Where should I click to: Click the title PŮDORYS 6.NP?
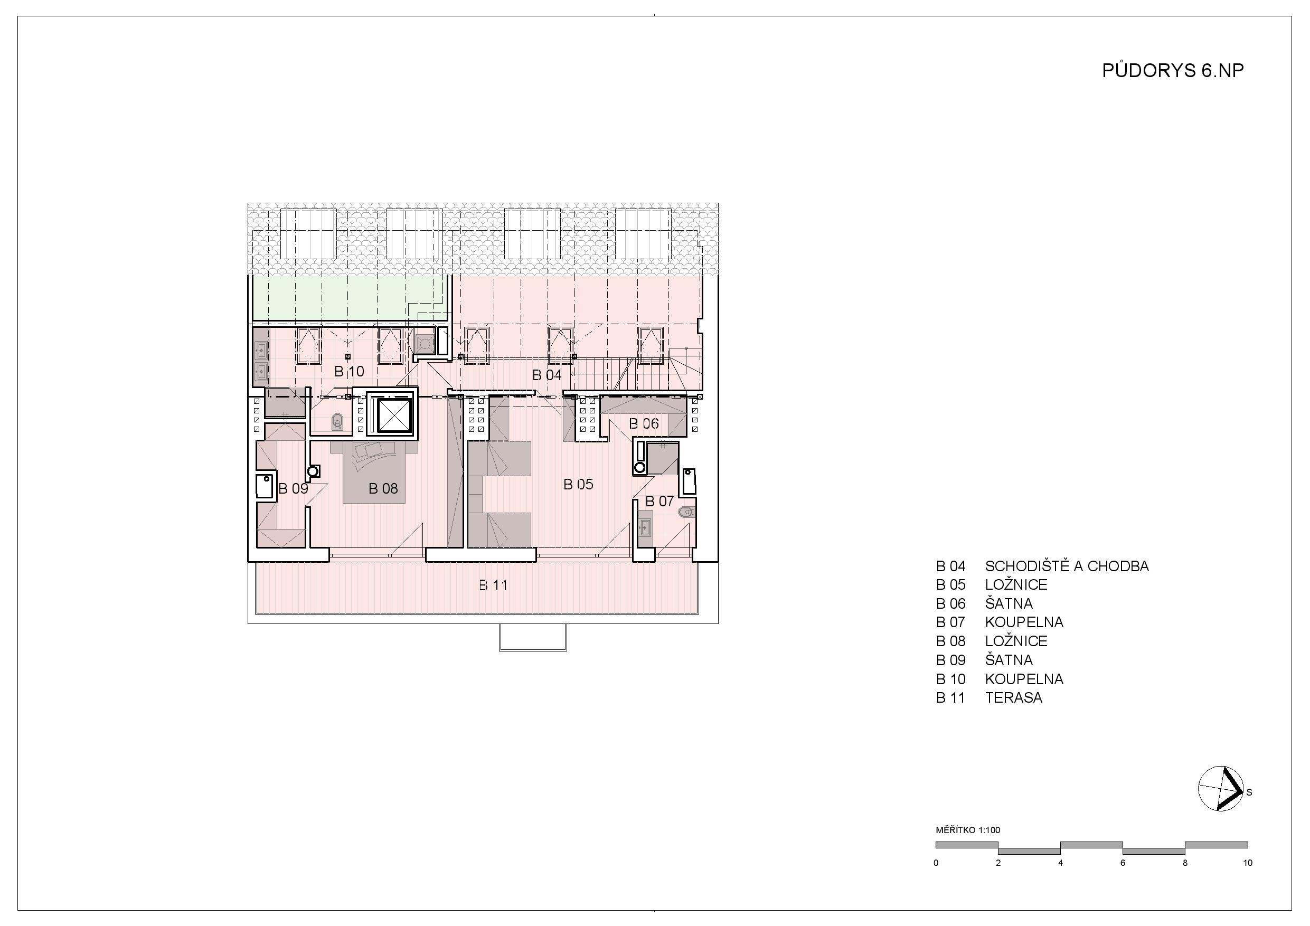coord(1173,70)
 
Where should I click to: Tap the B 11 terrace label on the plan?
coord(493,585)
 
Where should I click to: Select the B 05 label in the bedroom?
coord(578,485)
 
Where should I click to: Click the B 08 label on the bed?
coord(383,488)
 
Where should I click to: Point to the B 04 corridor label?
coord(547,375)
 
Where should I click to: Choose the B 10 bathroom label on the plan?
coord(349,372)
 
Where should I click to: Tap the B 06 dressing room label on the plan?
coord(644,423)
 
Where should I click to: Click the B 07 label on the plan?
coord(659,501)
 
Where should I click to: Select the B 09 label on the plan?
coord(293,488)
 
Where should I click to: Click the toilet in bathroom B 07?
coord(687,512)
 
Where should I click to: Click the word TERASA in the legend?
coord(1013,698)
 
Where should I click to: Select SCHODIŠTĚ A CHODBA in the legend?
coord(1067,566)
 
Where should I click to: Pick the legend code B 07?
coord(950,622)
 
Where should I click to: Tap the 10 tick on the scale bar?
coord(1247,863)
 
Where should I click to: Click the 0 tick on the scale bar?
coord(936,863)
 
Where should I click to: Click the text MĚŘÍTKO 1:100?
coord(968,830)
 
